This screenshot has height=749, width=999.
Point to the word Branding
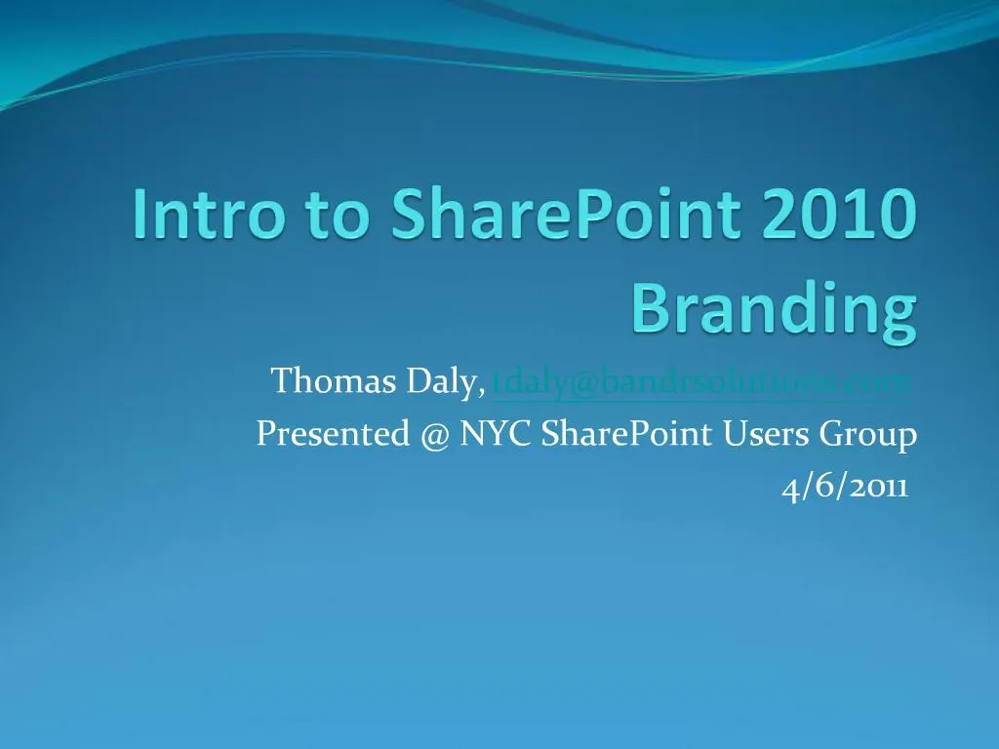[774, 310]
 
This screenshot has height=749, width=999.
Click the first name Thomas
[333, 381]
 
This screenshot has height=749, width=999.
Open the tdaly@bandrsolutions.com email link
[701, 381]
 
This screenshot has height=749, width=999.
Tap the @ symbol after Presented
[436, 435]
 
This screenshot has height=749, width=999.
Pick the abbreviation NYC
[495, 434]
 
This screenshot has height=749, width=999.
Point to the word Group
[868, 435]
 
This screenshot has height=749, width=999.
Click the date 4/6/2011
[844, 488]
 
